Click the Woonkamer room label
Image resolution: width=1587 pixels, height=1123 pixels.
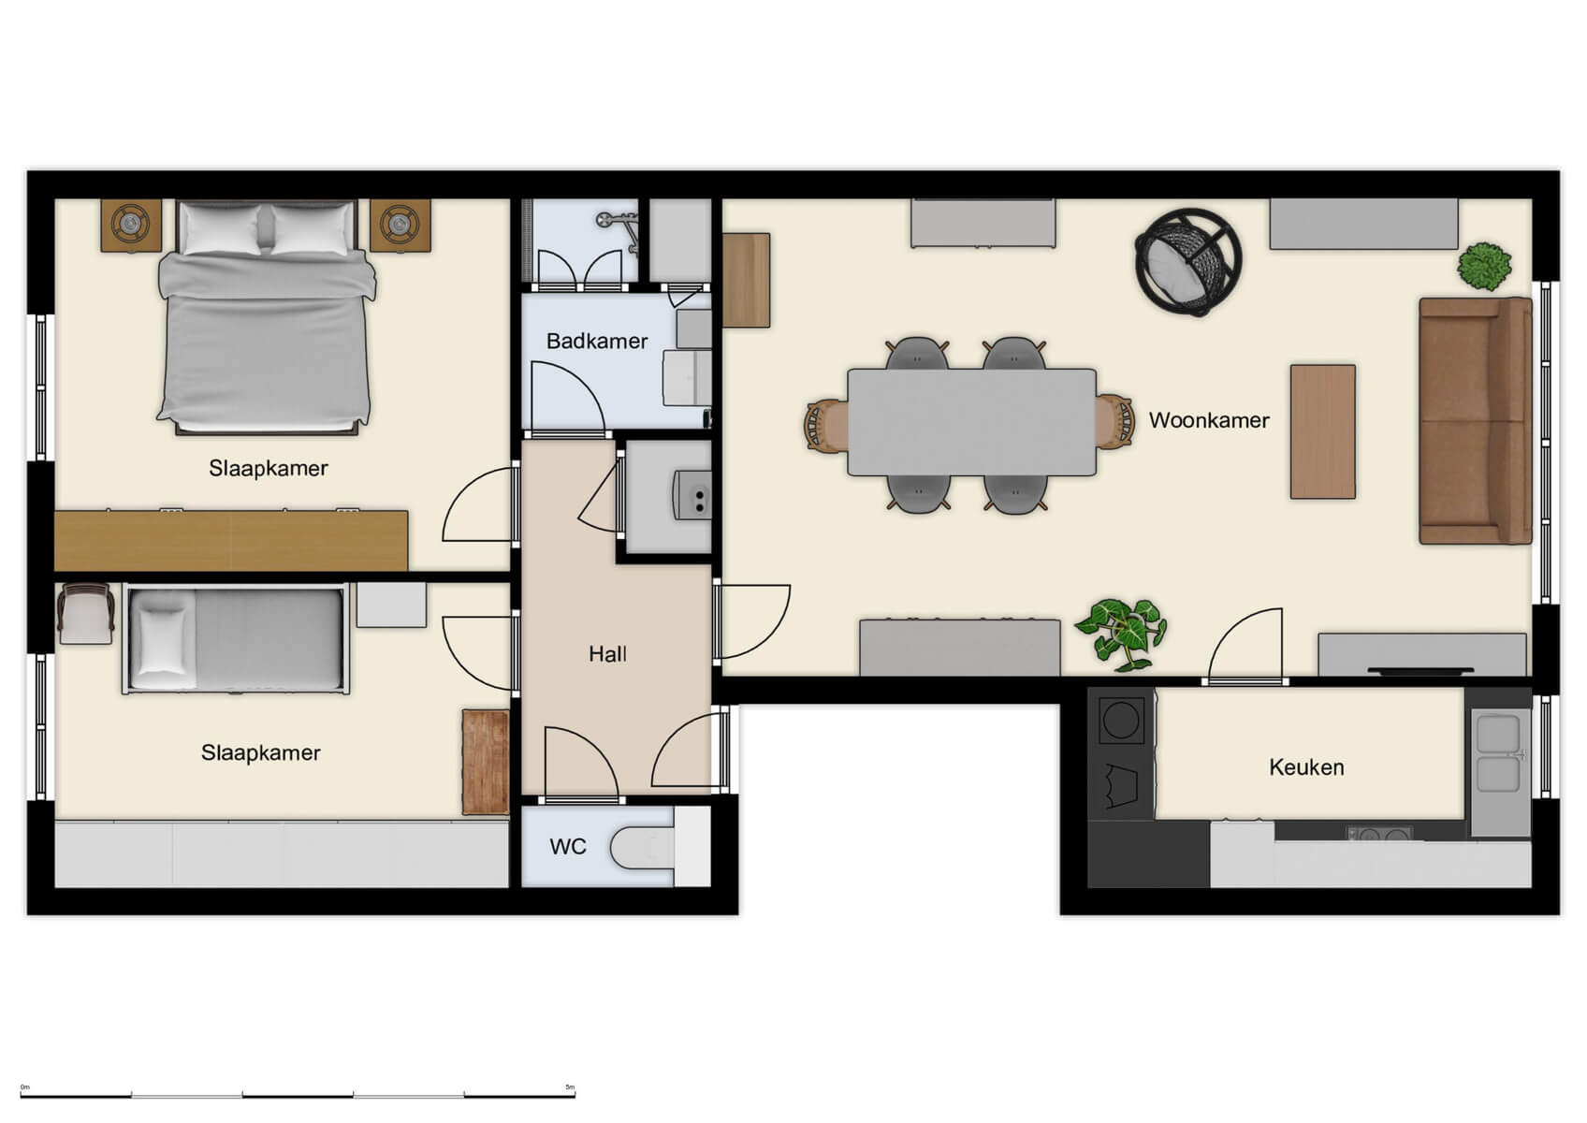(1208, 420)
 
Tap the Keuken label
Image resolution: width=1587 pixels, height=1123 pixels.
(1306, 767)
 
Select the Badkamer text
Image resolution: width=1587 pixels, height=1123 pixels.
(596, 341)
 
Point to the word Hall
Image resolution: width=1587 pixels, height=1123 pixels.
(607, 654)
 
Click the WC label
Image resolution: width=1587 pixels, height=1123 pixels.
(567, 847)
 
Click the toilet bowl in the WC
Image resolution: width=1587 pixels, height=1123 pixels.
(641, 848)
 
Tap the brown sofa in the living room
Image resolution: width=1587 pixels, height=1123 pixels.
(1474, 420)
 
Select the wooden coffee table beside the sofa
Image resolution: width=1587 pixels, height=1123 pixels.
(1322, 431)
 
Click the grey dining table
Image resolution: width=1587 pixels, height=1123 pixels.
(971, 422)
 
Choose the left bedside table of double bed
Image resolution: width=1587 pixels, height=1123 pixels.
(130, 225)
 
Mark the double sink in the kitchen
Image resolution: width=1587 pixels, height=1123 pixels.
(1497, 754)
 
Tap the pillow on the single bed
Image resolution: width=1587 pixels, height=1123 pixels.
(163, 639)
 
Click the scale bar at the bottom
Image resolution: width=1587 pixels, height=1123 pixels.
(298, 1093)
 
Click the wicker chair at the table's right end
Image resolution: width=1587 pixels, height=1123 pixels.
(1114, 423)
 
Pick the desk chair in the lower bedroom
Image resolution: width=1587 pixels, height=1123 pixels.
(85, 613)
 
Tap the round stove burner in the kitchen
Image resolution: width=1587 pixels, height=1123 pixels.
(1120, 722)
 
